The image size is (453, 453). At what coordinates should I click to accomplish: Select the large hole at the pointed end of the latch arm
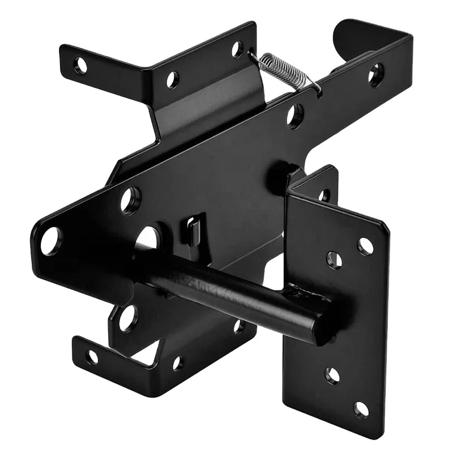click(50, 241)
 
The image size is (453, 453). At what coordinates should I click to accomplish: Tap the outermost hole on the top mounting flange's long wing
click(81, 65)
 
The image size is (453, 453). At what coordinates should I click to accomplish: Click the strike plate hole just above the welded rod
click(334, 260)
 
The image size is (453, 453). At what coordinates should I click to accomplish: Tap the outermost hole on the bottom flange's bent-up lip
click(92, 357)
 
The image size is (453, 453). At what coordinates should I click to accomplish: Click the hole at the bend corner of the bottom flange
click(177, 363)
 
